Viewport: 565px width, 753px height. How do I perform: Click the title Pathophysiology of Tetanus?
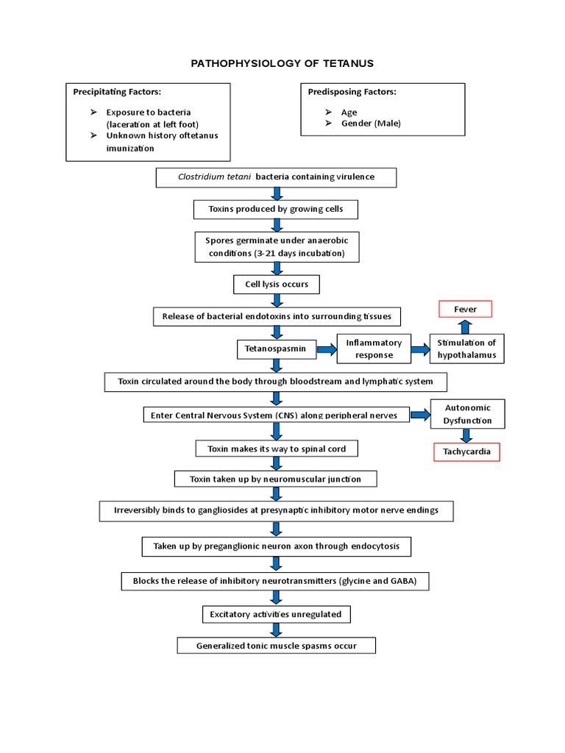point(282,64)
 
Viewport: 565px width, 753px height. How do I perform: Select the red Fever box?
point(465,310)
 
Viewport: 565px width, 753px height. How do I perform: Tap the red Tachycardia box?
point(466,452)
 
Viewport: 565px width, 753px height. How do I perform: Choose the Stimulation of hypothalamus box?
point(466,349)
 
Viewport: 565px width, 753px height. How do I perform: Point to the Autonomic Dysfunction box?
point(466,414)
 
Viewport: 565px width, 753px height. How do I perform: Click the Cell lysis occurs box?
point(277,284)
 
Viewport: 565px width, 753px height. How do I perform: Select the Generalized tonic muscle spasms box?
point(277,646)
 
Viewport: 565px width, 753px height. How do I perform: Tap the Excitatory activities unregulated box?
point(276,613)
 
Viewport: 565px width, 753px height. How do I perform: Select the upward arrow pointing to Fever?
point(466,327)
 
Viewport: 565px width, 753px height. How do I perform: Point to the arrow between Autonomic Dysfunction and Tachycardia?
point(466,435)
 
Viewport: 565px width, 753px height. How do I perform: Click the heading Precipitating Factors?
point(117,92)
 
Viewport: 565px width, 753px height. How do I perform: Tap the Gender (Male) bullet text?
point(371,124)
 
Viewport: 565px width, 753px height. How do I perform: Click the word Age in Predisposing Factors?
point(349,112)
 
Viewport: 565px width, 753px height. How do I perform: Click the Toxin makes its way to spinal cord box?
point(277,448)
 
